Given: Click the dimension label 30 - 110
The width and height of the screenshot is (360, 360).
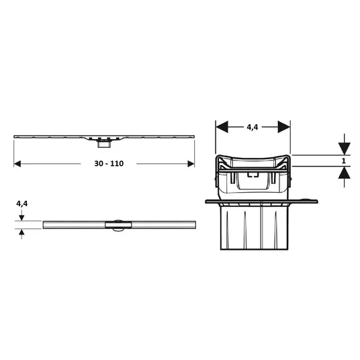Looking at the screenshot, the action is [109, 163].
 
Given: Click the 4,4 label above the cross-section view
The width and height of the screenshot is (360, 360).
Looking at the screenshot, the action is [253, 127].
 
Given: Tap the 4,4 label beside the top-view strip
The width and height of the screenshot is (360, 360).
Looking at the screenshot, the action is [21, 204].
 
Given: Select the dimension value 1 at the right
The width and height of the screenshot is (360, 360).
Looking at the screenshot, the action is [344, 161].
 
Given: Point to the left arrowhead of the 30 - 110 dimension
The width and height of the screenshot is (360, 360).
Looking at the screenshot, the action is [17, 164].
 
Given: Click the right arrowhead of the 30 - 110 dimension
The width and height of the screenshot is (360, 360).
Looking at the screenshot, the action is [191, 164].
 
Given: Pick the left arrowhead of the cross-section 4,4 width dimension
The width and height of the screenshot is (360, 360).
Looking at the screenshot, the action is [222, 127].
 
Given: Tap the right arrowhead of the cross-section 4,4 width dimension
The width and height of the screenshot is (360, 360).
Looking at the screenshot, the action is [284, 127].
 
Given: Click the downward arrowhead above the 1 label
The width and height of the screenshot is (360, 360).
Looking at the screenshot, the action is [344, 149].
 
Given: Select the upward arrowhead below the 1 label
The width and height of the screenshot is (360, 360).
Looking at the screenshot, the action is [344, 173].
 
